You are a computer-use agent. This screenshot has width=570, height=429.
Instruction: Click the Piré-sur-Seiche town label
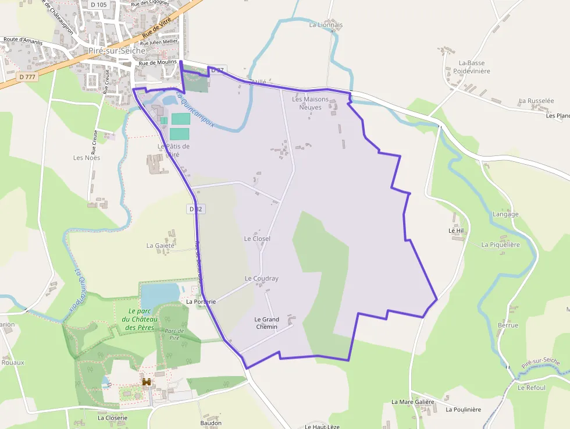click(117, 51)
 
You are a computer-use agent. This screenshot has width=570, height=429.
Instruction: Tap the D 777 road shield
click(27, 76)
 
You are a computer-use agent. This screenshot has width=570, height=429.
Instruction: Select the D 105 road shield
click(99, 5)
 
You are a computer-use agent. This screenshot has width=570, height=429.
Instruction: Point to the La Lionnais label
click(326, 25)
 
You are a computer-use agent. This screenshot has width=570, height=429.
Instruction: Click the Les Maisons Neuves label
click(310, 103)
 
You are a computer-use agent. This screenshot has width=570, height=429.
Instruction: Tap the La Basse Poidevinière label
click(472, 67)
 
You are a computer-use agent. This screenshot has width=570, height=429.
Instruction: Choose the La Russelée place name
click(536, 101)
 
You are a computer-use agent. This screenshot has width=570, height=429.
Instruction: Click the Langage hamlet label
click(505, 214)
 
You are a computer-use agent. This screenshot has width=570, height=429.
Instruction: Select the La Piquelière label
click(500, 245)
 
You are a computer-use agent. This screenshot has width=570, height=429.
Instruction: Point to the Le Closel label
click(257, 239)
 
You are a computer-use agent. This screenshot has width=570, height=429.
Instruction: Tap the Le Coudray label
click(261, 278)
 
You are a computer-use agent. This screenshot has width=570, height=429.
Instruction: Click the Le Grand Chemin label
click(267, 323)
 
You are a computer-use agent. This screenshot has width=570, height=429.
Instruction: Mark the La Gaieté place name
click(161, 246)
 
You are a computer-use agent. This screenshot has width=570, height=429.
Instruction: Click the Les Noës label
click(87, 158)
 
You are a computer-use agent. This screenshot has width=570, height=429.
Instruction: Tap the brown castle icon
click(147, 382)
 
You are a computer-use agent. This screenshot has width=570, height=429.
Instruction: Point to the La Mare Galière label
click(412, 402)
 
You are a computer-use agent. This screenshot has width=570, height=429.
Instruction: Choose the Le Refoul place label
click(532, 388)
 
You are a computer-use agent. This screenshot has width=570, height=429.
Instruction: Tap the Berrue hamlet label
click(508, 325)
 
